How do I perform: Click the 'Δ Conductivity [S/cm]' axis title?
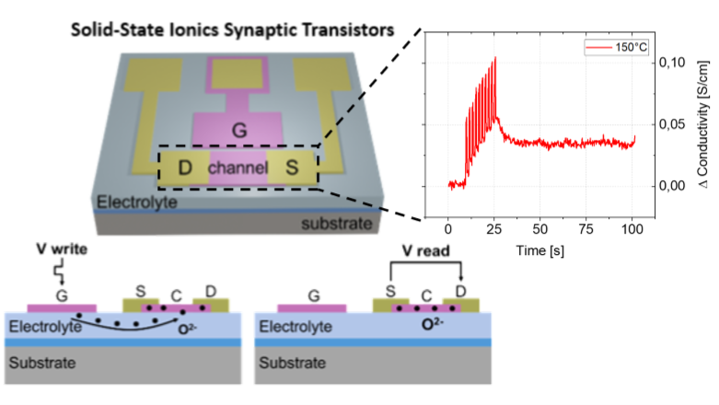[x=702, y=123]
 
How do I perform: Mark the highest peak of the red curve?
[x=495, y=58]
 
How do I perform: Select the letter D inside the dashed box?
[x=184, y=168]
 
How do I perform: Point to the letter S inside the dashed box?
[x=292, y=168]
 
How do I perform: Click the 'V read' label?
[x=406, y=252]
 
